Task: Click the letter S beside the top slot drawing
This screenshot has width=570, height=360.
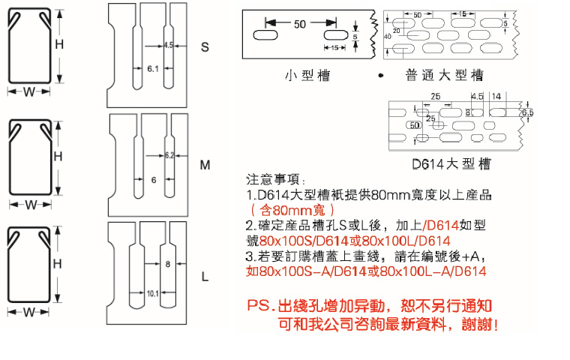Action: point(205,47)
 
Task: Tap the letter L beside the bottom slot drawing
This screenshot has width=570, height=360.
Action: point(205,277)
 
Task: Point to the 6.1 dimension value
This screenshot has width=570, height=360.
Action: point(152,69)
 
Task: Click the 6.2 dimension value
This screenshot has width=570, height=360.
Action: point(169,155)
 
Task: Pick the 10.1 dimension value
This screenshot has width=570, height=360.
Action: point(151,292)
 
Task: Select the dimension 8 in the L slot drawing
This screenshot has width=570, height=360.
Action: point(167,264)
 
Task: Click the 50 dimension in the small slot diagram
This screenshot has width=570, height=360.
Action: point(300,24)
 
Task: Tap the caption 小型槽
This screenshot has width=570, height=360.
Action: point(307,75)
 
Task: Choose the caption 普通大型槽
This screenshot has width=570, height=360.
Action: point(444,75)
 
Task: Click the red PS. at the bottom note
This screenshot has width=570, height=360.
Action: point(261,306)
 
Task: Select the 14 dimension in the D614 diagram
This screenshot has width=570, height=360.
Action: point(496,96)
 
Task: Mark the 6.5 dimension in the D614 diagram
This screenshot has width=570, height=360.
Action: point(527,112)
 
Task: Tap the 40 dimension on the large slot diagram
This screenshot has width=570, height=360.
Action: point(387,36)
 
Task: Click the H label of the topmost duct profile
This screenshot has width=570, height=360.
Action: point(58,44)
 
